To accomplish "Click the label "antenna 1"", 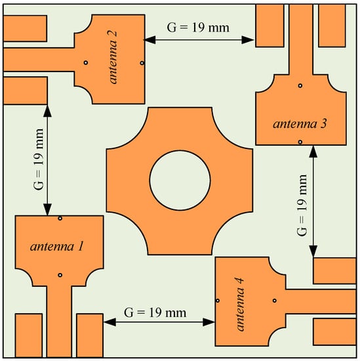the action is click(56, 247).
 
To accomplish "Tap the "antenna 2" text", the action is click(113, 57).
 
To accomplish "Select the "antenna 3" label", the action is click(300, 124).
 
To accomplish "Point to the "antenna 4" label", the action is click(240, 304).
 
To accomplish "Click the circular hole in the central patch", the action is click(180, 180).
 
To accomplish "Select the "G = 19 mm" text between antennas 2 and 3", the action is click(198, 28).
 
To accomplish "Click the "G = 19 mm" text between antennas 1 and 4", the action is click(155, 312).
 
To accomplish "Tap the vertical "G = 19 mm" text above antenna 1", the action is click(38, 159).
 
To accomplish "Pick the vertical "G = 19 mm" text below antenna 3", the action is click(302, 205).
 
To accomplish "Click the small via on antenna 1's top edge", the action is click(60, 218).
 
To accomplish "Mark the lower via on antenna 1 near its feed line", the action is click(60, 275).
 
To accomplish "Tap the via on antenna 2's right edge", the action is click(142, 63).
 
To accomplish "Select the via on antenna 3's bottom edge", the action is click(300, 142).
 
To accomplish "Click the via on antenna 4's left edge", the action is click(218, 301).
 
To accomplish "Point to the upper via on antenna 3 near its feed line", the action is click(300, 85).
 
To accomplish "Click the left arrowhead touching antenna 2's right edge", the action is click(150, 40).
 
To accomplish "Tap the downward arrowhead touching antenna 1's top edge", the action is click(47, 209).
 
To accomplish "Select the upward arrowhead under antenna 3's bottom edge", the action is click(313, 152).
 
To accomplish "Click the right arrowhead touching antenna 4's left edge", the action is click(209, 322).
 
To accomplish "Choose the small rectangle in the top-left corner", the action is click(25, 28).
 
